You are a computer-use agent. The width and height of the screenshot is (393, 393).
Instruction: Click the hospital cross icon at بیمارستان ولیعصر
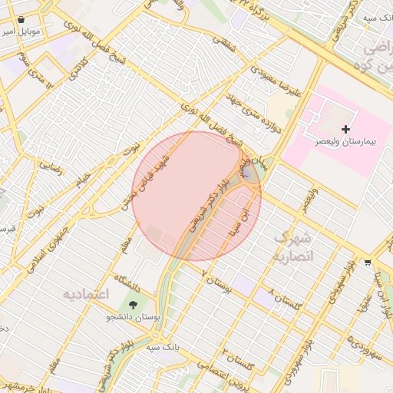click(346, 128)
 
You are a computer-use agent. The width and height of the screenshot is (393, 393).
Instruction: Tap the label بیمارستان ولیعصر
click(346, 142)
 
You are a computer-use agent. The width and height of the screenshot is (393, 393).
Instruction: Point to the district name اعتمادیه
click(87, 294)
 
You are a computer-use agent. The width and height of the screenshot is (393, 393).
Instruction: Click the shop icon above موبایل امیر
click(20, 19)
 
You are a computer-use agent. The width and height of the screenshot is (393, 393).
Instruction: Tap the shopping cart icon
click(368, 262)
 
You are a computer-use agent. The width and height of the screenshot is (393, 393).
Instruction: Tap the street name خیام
click(82, 179)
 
